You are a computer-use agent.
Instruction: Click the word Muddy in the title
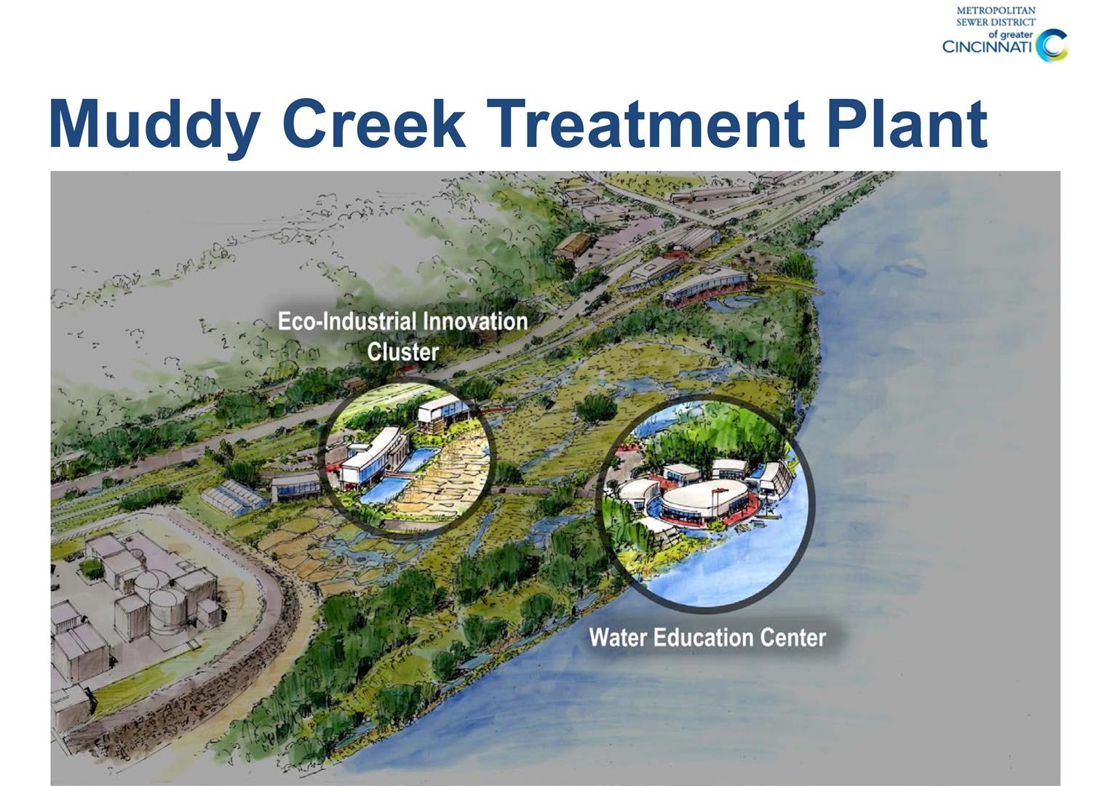(154, 127)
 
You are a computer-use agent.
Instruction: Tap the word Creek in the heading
(374, 123)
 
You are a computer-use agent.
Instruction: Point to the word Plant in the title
(908, 123)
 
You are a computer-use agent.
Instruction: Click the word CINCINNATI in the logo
(987, 47)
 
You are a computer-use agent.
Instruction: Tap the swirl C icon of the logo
(1051, 46)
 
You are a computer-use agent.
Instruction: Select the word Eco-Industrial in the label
(347, 322)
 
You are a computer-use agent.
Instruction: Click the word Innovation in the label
(475, 322)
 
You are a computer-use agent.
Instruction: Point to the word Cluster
(402, 352)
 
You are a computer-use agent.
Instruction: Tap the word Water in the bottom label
(618, 638)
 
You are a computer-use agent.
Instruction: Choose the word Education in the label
(702, 638)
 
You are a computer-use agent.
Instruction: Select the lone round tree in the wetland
(597, 408)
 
